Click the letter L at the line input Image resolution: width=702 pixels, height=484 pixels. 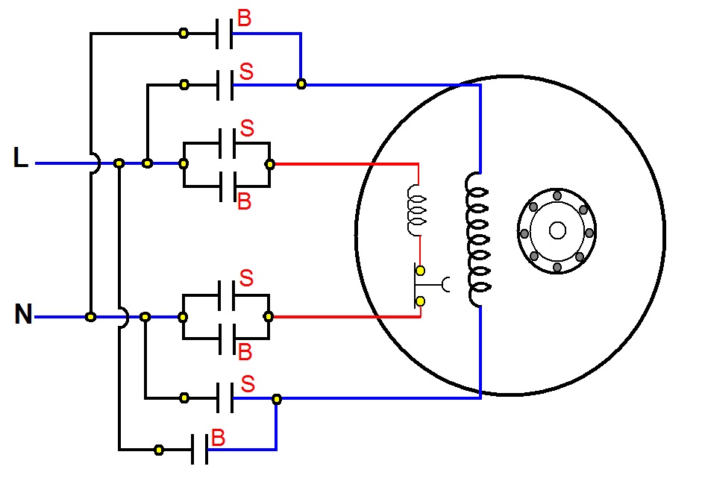21,158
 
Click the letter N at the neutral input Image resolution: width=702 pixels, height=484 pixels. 24,315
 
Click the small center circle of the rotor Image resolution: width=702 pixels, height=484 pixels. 557,231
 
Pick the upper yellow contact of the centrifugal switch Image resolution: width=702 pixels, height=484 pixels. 421,270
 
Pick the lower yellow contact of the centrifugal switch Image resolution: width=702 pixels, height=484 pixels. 421,301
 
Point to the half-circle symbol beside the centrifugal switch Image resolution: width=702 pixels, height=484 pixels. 448,284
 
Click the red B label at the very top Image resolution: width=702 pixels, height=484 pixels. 244,19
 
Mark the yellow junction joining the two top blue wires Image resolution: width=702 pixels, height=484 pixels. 301,84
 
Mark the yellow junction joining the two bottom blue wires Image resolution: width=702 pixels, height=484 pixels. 277,399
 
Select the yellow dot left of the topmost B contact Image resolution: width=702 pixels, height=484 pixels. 184,33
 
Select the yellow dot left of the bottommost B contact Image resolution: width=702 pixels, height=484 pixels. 159,450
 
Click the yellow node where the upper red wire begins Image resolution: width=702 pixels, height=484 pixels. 270,164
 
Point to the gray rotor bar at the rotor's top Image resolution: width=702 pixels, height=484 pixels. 557,195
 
